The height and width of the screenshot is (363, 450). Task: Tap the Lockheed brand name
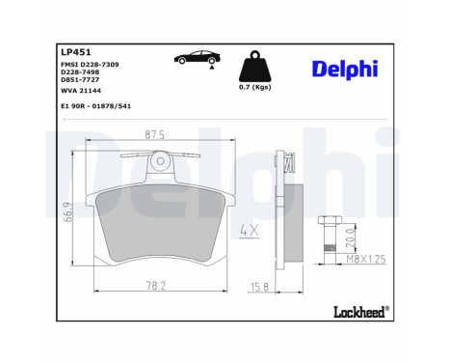point(360,311)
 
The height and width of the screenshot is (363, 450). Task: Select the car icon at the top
point(196,59)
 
